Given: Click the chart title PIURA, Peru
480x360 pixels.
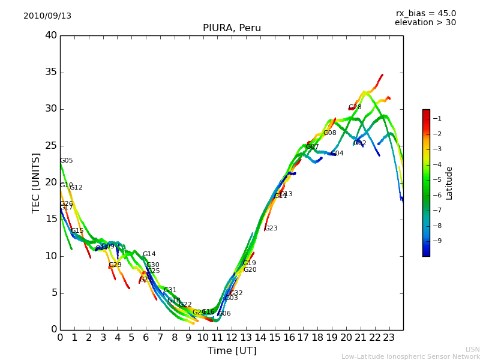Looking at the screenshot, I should [232, 28].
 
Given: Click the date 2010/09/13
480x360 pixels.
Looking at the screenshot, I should [47, 16].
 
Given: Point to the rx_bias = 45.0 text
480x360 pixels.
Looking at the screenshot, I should [425, 13].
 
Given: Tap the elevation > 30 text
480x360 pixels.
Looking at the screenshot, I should [425, 23].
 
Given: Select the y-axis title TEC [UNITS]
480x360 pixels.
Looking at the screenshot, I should [37, 182].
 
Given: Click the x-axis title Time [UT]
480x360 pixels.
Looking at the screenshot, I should [232, 351].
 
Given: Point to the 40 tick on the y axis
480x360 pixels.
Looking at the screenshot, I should [51, 35].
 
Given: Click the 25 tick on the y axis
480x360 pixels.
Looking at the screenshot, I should [51, 146].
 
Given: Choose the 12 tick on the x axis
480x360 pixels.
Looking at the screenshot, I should [232, 338].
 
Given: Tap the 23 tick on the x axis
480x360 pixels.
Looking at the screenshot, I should [389, 338].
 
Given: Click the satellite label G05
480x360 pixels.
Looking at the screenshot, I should [67, 161].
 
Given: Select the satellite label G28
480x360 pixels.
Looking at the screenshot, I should [355, 107].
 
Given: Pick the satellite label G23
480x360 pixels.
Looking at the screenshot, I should [271, 229].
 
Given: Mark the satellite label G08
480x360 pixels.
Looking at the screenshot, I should [330, 133].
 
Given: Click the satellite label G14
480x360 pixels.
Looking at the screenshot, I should [149, 254].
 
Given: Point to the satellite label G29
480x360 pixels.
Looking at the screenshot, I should [115, 265].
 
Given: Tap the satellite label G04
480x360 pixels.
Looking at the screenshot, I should [337, 154].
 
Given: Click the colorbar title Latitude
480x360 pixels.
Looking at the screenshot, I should [449, 183].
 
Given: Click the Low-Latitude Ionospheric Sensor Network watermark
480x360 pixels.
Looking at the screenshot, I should [410, 357].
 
